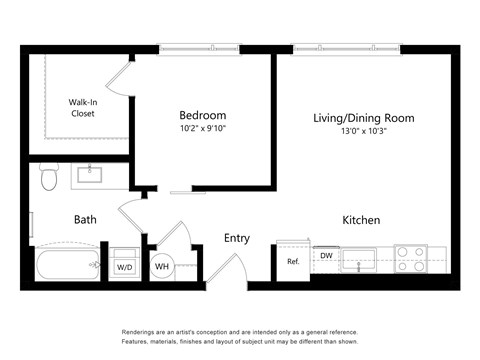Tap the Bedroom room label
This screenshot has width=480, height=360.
click(x=202, y=115)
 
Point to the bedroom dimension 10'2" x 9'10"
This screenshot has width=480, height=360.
click(x=202, y=129)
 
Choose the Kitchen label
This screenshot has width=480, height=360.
click(x=361, y=220)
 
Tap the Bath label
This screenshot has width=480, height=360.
click(x=85, y=219)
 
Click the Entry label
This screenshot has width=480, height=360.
click(x=237, y=238)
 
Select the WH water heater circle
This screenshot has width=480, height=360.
click(x=161, y=267)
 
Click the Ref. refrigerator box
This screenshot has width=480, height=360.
click(x=293, y=261)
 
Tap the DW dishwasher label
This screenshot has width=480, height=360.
click(x=326, y=256)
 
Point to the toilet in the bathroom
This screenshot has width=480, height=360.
click(x=49, y=178)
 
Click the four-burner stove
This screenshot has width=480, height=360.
click(x=410, y=259)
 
